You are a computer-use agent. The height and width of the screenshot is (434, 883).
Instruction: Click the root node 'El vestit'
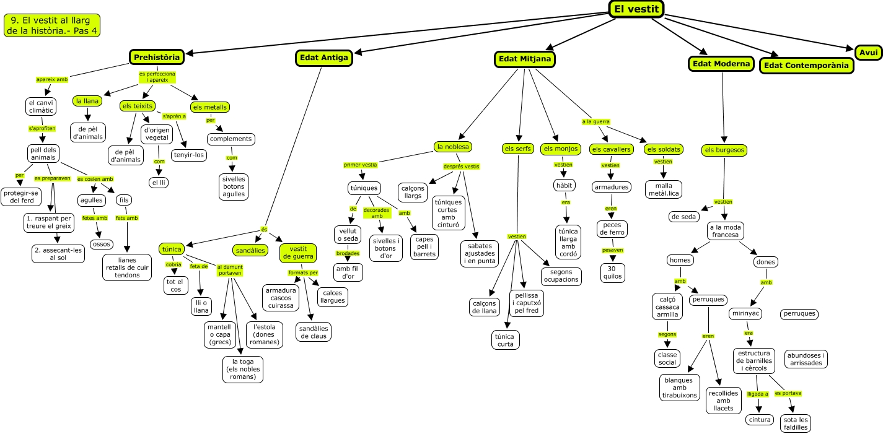click(x=636, y=9)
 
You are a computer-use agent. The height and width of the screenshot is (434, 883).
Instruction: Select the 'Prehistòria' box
click(x=157, y=58)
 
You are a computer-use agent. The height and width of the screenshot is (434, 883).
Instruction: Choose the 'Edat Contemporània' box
click(x=805, y=65)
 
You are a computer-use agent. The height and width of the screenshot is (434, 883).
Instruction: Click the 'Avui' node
click(x=868, y=53)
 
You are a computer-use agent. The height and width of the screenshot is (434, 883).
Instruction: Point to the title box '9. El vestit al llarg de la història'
click(x=51, y=25)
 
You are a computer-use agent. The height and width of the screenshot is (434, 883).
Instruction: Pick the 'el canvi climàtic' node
click(x=42, y=106)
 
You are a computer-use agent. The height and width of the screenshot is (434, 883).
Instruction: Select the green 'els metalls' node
click(x=210, y=107)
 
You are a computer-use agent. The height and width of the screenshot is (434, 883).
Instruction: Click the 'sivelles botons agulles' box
click(x=233, y=186)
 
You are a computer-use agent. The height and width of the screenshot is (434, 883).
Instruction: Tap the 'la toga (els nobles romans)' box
click(x=243, y=369)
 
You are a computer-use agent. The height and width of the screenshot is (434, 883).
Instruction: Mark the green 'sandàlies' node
click(x=250, y=250)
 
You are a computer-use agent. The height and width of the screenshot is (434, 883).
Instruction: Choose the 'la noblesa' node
click(x=454, y=147)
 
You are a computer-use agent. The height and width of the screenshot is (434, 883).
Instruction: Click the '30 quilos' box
click(x=612, y=272)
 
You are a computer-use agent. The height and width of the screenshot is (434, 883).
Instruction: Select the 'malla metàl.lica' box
click(x=663, y=189)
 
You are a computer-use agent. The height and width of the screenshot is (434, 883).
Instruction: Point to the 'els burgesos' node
click(x=724, y=150)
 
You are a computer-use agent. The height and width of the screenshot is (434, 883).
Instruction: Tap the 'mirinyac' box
click(x=745, y=314)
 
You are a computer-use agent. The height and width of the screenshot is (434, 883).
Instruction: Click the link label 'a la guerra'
click(x=595, y=122)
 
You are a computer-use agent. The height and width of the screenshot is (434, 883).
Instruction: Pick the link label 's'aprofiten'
click(x=42, y=128)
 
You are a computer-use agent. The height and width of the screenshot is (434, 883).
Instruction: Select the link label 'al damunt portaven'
click(x=230, y=269)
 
